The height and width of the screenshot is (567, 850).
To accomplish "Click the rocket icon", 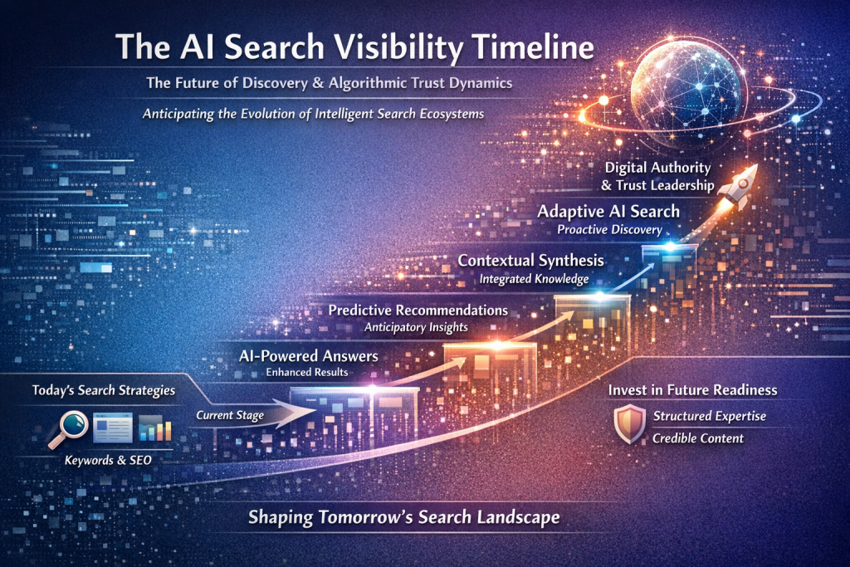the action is [738, 188].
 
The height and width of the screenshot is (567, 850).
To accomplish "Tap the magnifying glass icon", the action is [69, 428].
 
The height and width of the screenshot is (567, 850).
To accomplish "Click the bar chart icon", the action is [155, 428].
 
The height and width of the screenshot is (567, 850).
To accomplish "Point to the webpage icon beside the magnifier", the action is [113, 428].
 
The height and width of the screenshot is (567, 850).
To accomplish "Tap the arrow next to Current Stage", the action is [283, 414].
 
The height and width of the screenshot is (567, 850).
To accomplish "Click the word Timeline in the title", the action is [534, 46].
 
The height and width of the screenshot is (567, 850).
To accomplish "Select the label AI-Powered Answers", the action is [309, 356].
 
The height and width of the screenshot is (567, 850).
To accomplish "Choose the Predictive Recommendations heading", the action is [418, 310].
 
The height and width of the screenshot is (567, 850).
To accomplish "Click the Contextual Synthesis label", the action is [530, 260].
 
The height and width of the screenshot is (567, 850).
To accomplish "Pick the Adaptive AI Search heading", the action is [608, 211].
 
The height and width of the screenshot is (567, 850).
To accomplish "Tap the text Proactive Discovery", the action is [610, 230].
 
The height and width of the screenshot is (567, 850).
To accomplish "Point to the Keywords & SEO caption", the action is [108, 460].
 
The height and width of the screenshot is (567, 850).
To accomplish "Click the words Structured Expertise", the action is [709, 416].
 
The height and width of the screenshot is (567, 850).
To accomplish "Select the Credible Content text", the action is [697, 438].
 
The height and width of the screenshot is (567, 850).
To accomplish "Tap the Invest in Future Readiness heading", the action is [692, 390].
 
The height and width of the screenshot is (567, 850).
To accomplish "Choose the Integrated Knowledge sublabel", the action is [534, 279].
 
